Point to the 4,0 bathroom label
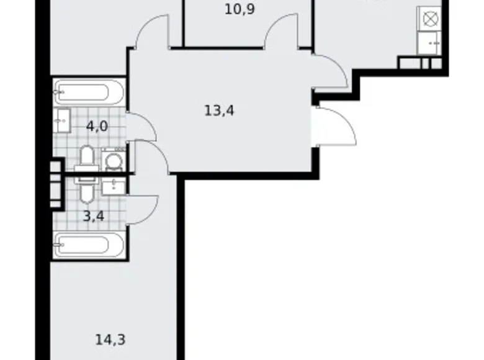coord(97,127)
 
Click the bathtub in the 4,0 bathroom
coord(89,93)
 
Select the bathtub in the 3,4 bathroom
coord(89,246)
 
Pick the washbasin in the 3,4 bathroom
coord(113,186)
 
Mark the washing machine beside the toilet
coord(114,160)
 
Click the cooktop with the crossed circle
coord(431,19)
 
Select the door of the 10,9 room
coord(282,31)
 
